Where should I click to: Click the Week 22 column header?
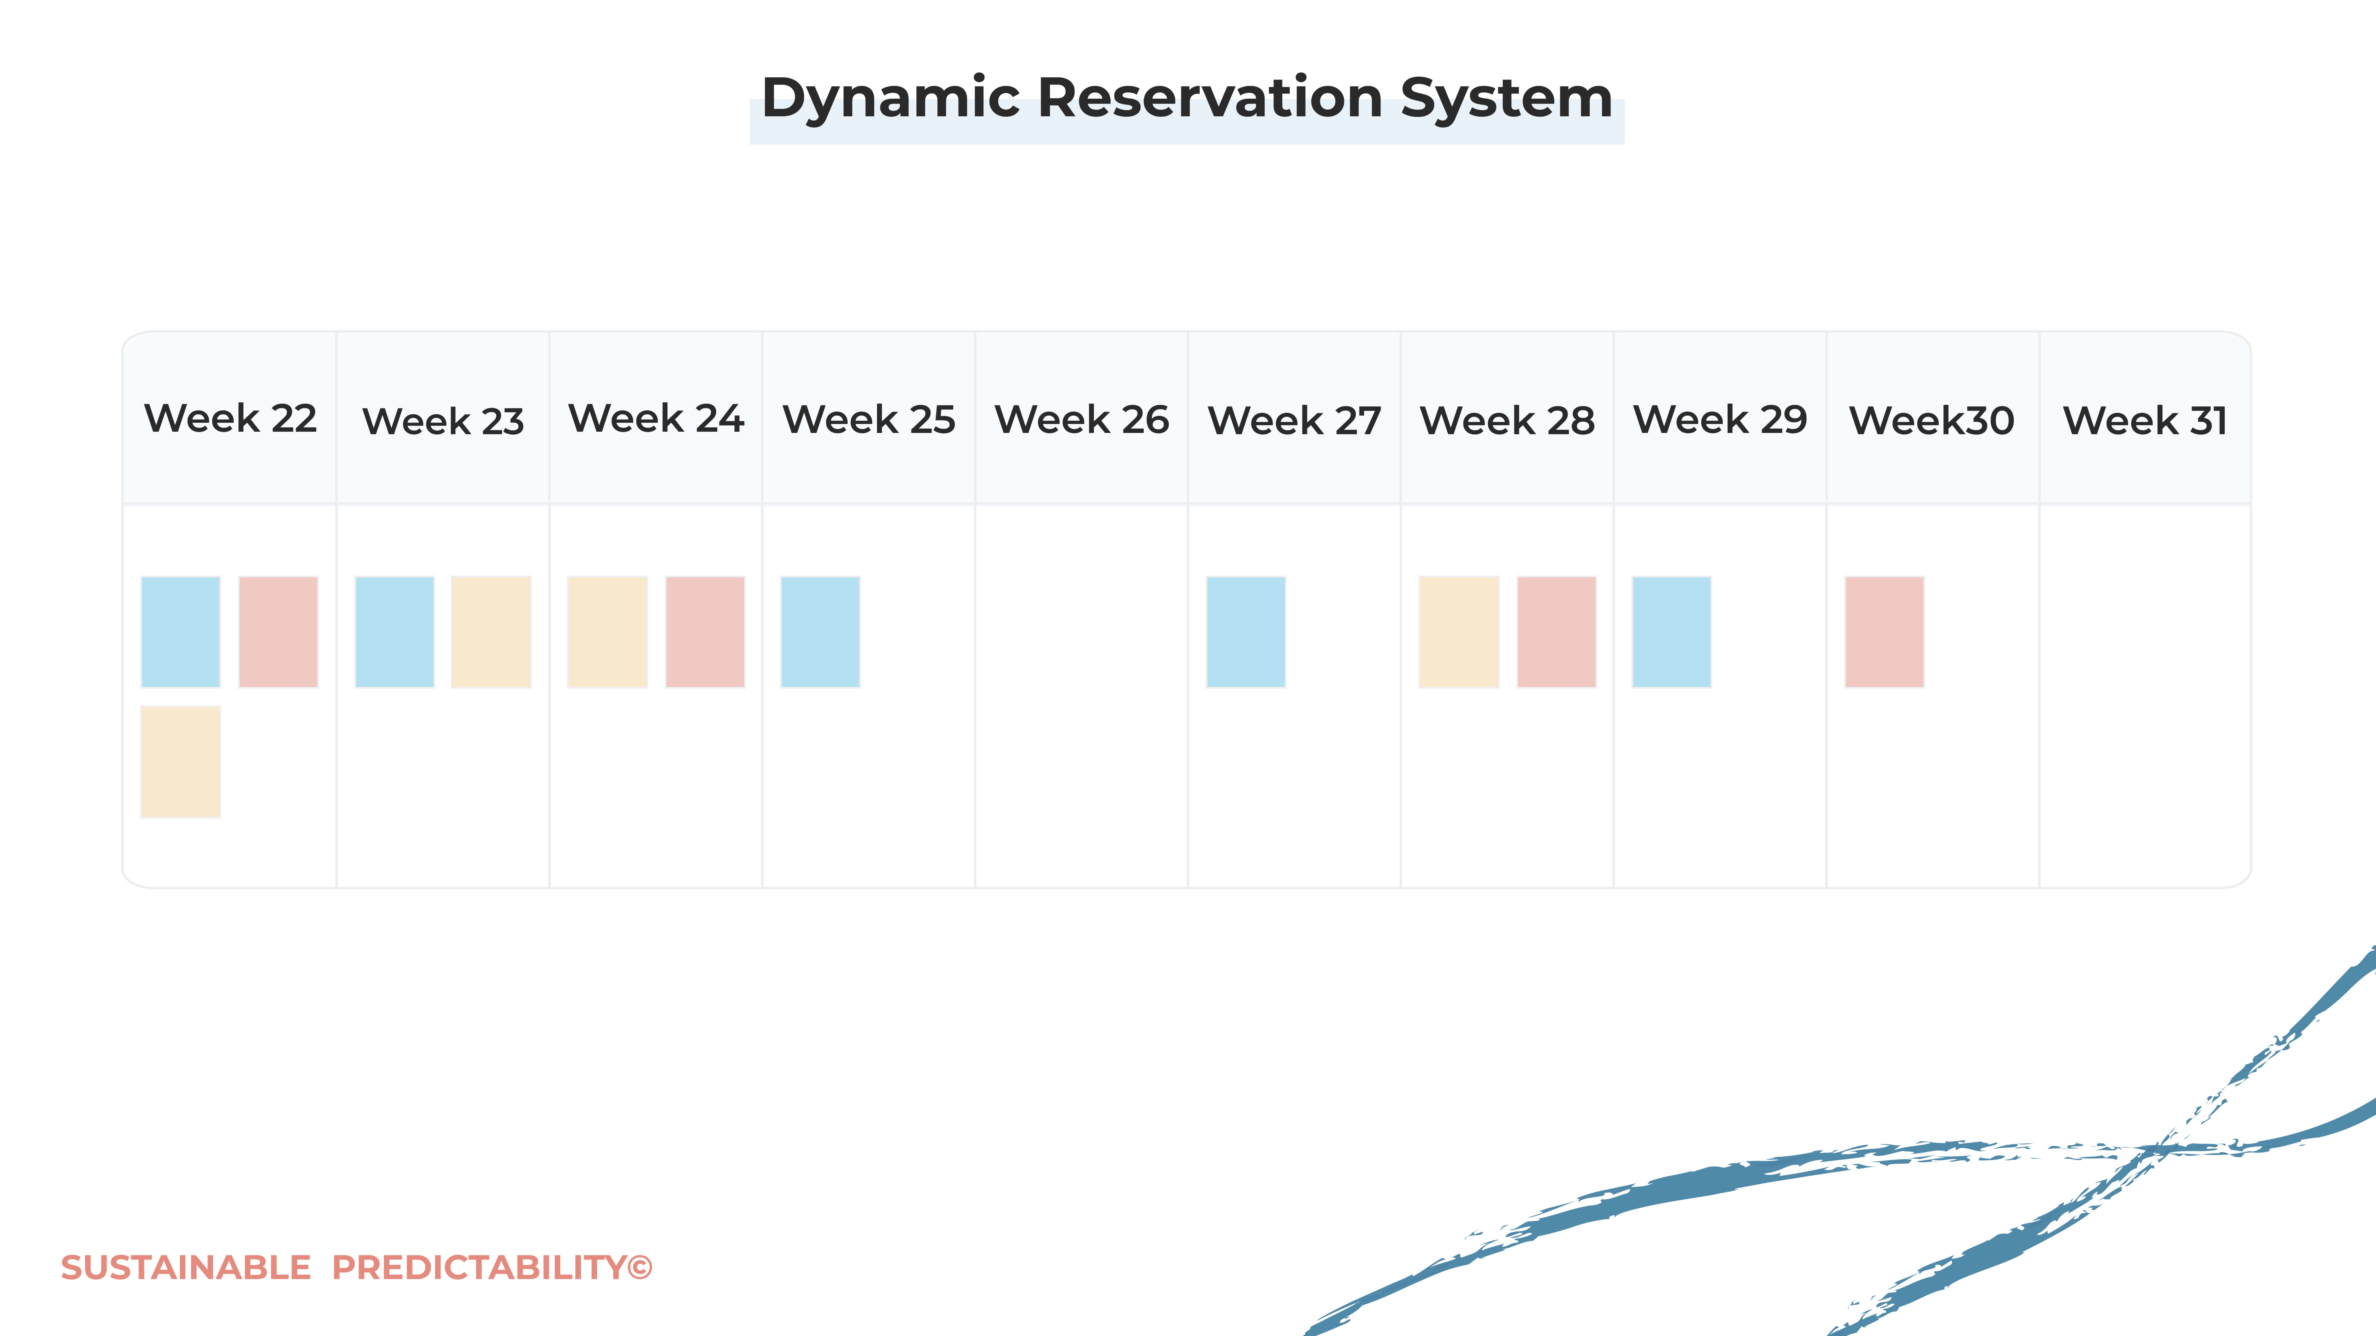[231, 419]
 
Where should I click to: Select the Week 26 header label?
[1081, 419]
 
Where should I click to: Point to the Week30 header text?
[1931, 420]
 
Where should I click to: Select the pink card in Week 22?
[278, 632]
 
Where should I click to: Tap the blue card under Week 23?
[394, 632]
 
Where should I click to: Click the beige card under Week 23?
[491, 632]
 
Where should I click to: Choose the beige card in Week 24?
[607, 632]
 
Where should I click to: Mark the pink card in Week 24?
[705, 632]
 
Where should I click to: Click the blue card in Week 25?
[820, 632]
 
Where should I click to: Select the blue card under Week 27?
[1245, 632]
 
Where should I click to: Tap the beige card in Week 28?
[1458, 632]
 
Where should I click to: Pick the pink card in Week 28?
[1556, 632]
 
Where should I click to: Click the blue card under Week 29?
[1671, 632]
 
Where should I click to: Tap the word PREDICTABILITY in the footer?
[480, 1268]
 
